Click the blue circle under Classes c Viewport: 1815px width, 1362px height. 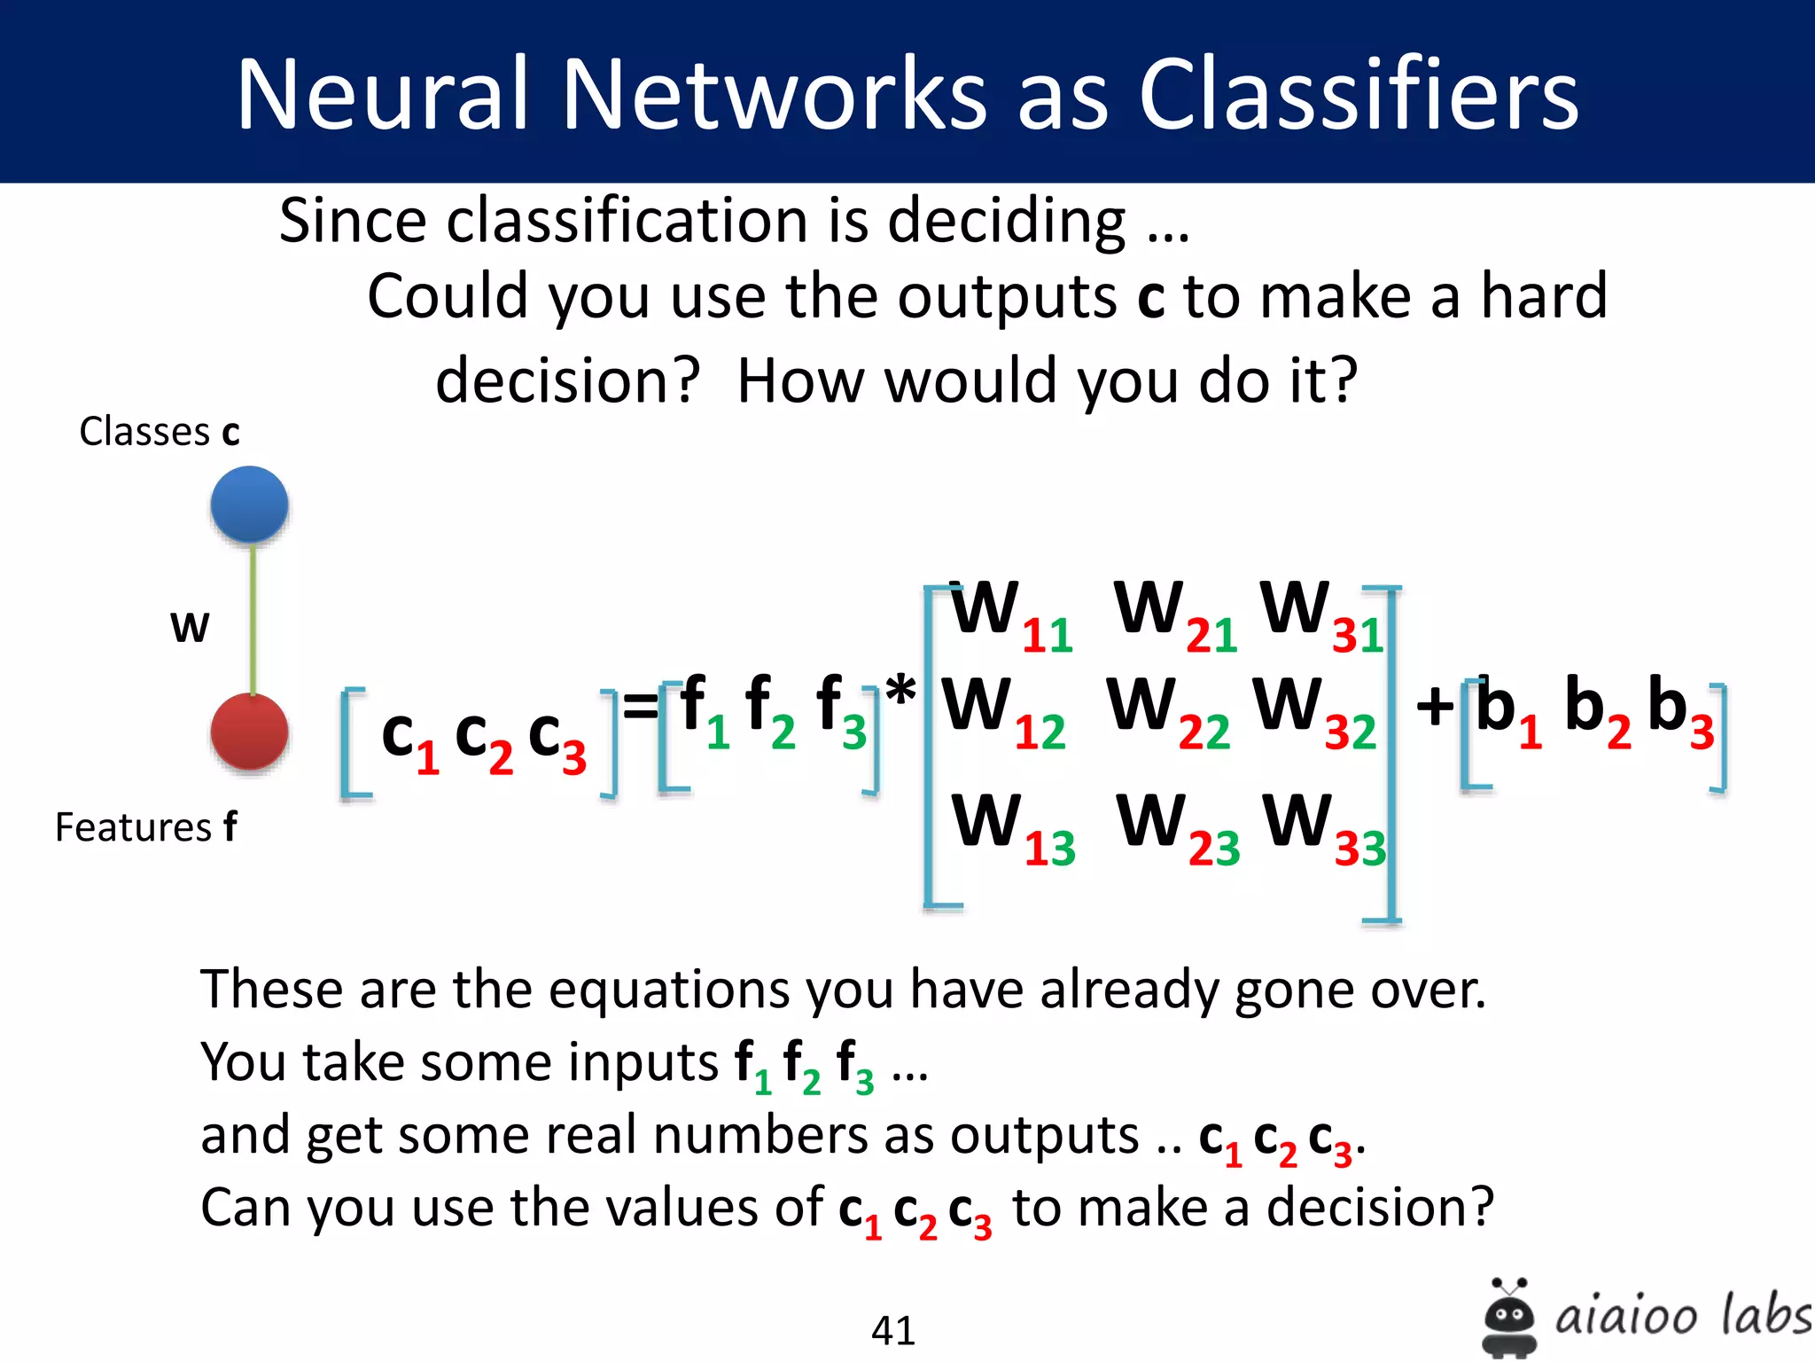point(249,504)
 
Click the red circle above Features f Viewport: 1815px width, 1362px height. point(249,732)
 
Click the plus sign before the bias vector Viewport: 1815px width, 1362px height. point(1434,707)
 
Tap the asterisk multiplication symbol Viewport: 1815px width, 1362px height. point(900,691)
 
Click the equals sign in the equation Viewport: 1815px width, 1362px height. point(640,707)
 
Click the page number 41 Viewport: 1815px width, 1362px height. point(892,1330)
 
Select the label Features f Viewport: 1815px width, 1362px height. point(145,826)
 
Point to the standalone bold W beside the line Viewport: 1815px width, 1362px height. point(190,627)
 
